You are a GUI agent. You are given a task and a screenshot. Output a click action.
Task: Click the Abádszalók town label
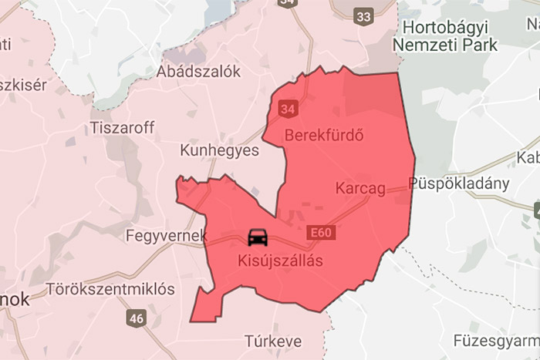coord(198,71)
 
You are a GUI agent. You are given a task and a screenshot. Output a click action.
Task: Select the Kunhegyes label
coord(219,150)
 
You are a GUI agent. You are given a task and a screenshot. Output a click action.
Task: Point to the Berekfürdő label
coord(324,136)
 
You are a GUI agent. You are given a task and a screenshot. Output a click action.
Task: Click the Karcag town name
coord(361,188)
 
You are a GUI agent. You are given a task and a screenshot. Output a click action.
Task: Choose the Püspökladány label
coord(461,183)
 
